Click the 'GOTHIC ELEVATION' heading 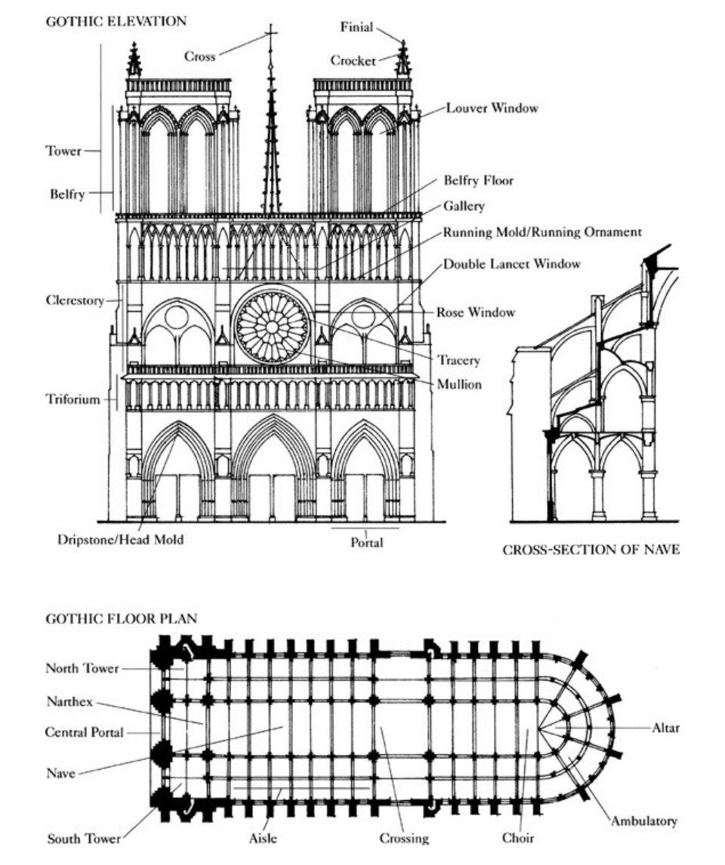click(116, 21)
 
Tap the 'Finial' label click(356, 28)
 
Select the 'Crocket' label click(353, 60)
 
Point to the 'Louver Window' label click(492, 108)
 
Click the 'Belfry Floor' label click(478, 180)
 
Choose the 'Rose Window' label click(476, 312)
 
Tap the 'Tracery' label click(458, 360)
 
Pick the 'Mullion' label click(459, 384)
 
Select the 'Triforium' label click(72, 399)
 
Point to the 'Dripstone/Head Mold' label click(121, 540)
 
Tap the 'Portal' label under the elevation click(366, 542)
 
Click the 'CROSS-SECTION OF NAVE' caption click(591, 550)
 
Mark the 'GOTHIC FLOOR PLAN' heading click(122, 618)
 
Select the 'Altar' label click(665, 728)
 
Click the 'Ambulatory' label click(643, 821)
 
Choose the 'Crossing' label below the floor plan click(403, 838)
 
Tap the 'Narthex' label click(69, 702)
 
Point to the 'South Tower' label click(84, 838)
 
